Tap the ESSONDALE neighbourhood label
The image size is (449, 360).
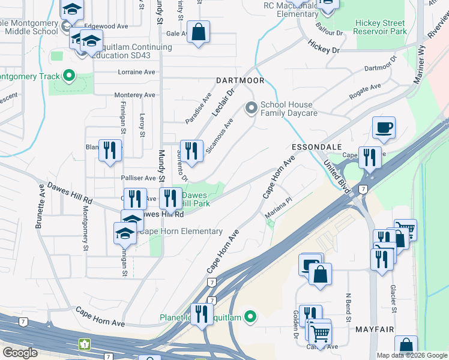click(316, 146)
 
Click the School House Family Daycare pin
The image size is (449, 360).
click(251, 109)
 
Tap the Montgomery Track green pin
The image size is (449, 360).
click(69, 76)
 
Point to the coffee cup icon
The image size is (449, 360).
click(384, 128)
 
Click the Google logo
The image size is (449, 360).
click(20, 353)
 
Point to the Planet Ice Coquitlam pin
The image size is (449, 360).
click(251, 317)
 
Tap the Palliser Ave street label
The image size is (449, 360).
click(138, 178)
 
